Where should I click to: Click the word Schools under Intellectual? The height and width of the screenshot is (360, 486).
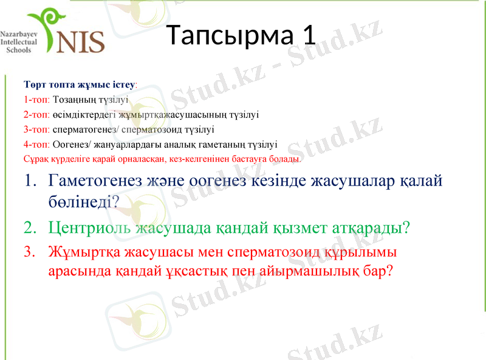(18, 50)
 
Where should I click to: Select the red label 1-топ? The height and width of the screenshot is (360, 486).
(37, 99)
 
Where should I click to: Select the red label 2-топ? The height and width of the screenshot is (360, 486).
(37, 114)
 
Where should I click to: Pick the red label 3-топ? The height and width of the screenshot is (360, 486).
(37, 129)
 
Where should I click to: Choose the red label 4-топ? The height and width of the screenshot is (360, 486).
(37, 144)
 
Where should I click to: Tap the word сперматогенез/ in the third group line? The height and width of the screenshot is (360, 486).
(86, 129)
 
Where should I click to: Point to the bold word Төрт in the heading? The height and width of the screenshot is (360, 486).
(34, 83)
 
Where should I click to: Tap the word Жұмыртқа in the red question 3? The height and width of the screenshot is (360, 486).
(84, 251)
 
